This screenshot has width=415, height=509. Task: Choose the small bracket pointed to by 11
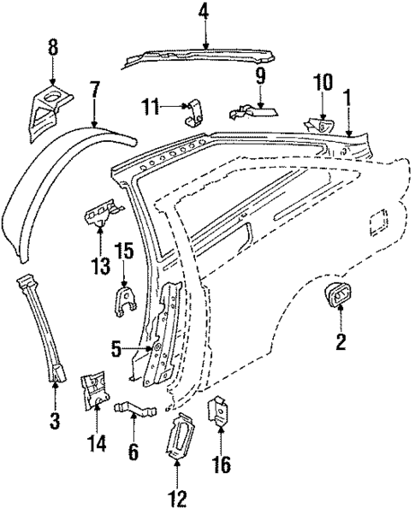pyautogui.click(x=195, y=110)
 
